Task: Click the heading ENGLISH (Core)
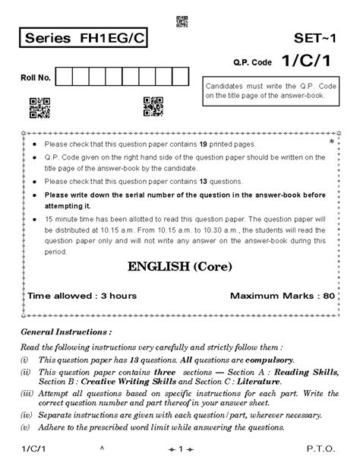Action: tap(180, 268)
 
